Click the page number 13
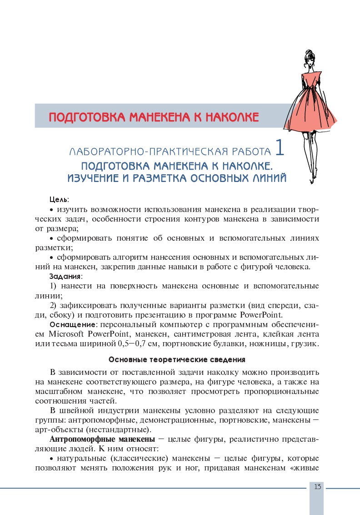(317, 487)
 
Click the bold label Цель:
(59, 200)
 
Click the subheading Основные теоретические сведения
(177, 359)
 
